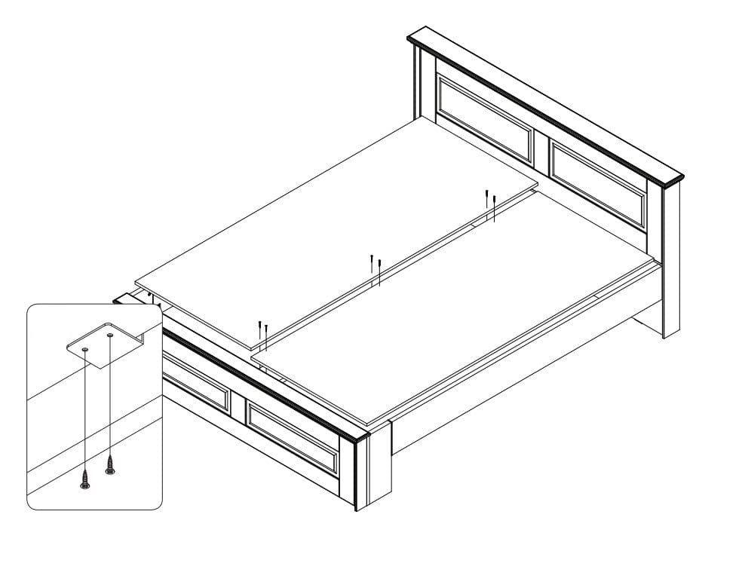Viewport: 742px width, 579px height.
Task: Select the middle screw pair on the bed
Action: click(x=376, y=268)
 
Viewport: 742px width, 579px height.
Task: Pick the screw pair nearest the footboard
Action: click(x=262, y=332)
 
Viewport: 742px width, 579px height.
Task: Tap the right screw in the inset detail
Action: click(x=110, y=464)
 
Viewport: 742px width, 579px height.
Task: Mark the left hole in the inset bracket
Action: click(x=84, y=351)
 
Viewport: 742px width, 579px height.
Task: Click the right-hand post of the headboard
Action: click(x=670, y=256)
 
